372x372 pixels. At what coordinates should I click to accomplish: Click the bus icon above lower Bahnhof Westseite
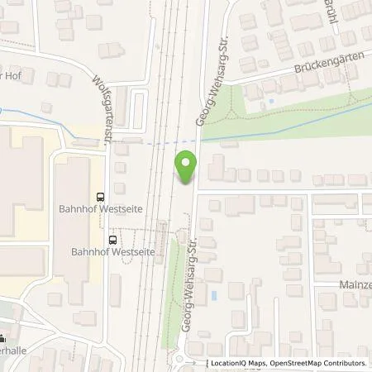[x=110, y=239]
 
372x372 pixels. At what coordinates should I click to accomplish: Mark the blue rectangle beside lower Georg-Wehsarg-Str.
[x=214, y=294]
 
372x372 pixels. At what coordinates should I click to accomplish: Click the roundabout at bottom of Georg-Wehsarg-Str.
[x=184, y=360]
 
